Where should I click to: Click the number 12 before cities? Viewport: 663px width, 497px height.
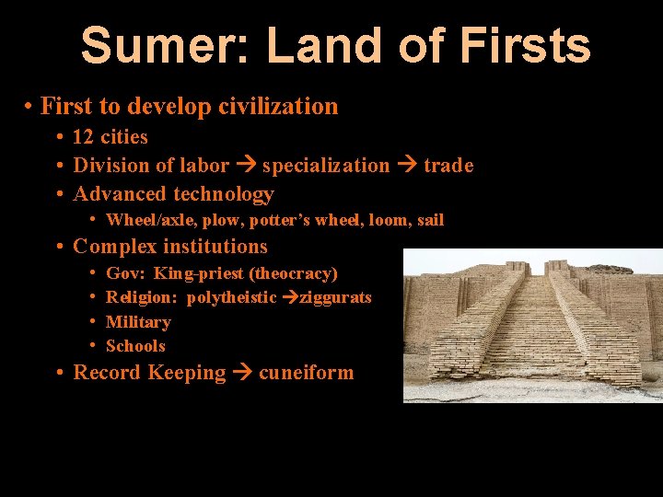tap(83, 137)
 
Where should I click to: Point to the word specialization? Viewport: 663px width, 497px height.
tap(326, 166)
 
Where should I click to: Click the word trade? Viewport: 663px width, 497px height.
tap(448, 166)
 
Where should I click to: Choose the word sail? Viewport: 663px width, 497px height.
tap(430, 220)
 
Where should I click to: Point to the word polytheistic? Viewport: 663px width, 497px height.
tap(231, 297)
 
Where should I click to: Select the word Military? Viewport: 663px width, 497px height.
tap(138, 322)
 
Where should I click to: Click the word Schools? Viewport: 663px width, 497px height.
tap(135, 346)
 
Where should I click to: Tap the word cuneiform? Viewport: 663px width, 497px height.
tap(306, 373)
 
